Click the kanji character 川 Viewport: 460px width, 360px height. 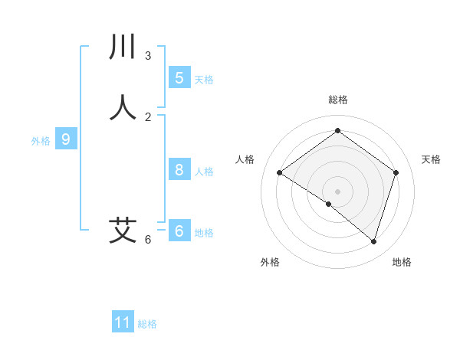[123, 47]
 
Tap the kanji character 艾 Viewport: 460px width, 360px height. [123, 230]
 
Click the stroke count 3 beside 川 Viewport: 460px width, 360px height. [148, 56]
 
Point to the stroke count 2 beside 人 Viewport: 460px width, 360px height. [148, 117]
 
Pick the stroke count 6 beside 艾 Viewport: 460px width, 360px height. [148, 240]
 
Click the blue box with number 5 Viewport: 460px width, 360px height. [179, 77]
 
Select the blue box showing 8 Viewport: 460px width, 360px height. [179, 169]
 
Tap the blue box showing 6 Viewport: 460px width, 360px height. [179, 231]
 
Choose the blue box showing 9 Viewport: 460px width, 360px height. [66, 139]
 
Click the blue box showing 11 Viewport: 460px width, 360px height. [123, 322]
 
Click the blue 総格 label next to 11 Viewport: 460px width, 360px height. [147, 324]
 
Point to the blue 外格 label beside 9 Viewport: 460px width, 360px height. [41, 141]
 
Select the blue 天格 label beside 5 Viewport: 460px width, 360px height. [204, 79]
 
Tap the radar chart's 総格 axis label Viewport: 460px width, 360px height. [337, 100]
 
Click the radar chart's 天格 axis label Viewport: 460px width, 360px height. [431, 159]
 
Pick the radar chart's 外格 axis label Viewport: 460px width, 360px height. [270, 262]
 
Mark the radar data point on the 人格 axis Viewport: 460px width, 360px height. [279, 173]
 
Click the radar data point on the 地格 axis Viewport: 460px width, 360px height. [373, 241]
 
